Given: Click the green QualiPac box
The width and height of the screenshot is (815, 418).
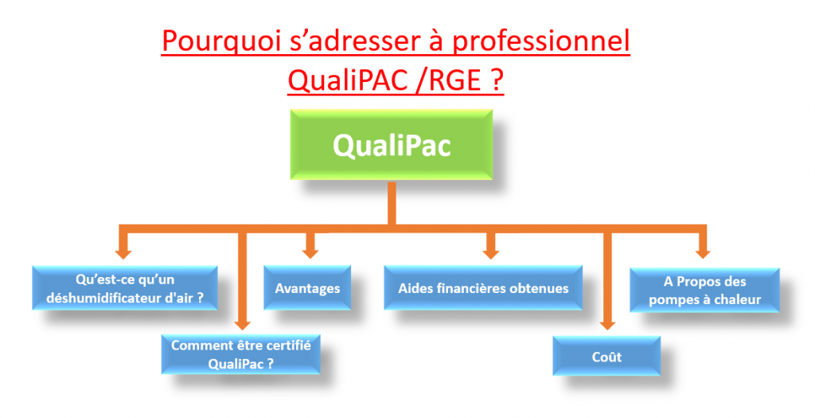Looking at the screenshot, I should point(390,145).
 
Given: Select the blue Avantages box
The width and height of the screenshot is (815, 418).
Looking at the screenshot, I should point(307,288).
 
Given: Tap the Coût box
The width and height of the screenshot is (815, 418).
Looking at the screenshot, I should point(606,356).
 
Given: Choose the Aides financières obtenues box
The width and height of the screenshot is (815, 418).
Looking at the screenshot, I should point(484,288).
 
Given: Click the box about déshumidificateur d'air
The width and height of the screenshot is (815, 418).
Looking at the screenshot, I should point(127,289).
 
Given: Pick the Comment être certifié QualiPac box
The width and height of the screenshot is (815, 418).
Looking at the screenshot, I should point(240,354).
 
